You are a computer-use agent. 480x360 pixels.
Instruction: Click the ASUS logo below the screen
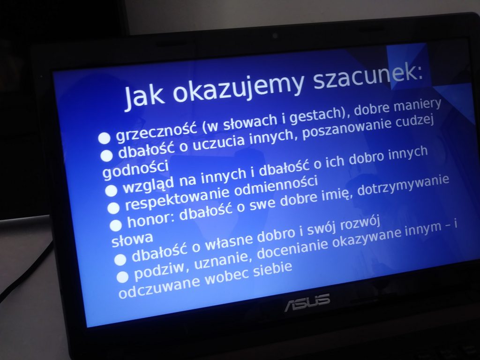[x=307, y=302]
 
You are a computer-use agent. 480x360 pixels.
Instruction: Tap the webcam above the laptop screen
[x=275, y=36]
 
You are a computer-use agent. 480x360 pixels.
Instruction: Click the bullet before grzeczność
[x=105, y=138]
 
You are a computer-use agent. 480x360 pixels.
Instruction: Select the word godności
[x=135, y=170]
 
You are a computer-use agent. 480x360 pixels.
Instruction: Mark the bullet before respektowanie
[x=113, y=208]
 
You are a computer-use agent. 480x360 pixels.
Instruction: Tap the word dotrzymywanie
[x=403, y=185]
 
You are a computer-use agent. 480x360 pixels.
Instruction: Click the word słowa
[x=132, y=240]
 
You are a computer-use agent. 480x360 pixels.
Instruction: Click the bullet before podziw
[x=122, y=277]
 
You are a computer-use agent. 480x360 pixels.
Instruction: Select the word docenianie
[x=292, y=249]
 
